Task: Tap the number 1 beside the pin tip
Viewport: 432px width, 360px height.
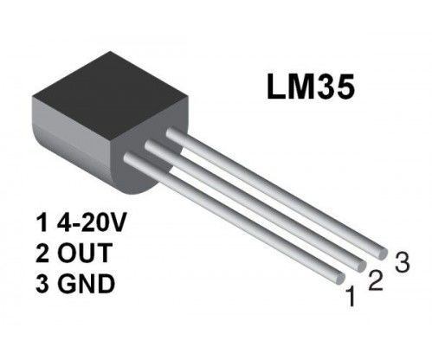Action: coord(351,299)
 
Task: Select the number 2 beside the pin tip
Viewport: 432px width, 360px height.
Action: coord(375,279)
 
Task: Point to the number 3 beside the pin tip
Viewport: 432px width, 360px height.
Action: coord(400,261)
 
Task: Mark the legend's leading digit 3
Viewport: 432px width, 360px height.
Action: coord(42,283)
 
